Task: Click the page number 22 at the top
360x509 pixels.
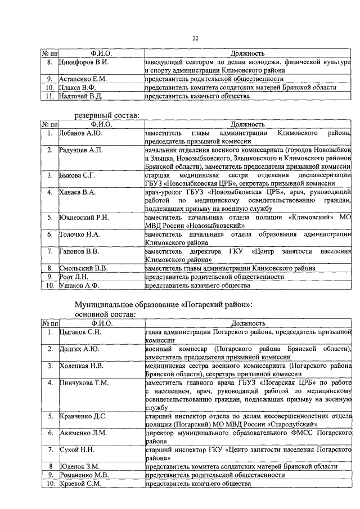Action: [196, 38]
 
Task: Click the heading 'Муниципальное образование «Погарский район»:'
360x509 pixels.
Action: [164, 304]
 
